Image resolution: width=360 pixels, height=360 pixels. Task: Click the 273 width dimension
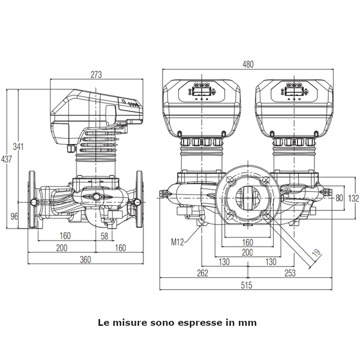pos(96,74)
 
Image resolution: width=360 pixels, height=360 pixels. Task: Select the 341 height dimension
pos(18,146)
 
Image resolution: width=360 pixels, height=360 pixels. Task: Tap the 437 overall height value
pos(6,159)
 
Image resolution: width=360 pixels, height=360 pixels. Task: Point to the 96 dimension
pos(14,216)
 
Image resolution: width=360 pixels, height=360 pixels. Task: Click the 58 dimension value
pos(104,236)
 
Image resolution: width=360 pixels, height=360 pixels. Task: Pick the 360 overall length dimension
pos(85,260)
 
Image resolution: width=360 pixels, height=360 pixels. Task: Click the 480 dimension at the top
pos(248,64)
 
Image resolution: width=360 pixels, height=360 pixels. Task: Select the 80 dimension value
pos(339,198)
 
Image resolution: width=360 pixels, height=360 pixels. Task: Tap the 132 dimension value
pos(353,198)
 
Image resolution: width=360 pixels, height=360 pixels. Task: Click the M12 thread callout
pos(178,242)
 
